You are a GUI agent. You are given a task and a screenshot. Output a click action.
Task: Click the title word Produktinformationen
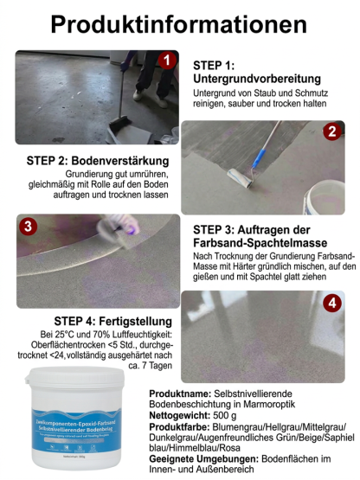179,24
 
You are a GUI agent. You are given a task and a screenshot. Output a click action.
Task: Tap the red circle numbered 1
166,60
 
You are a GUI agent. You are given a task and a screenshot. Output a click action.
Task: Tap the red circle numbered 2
330,131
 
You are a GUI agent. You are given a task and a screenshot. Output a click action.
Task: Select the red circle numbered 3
29,227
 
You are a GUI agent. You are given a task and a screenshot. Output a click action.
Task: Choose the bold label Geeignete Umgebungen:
209,460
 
